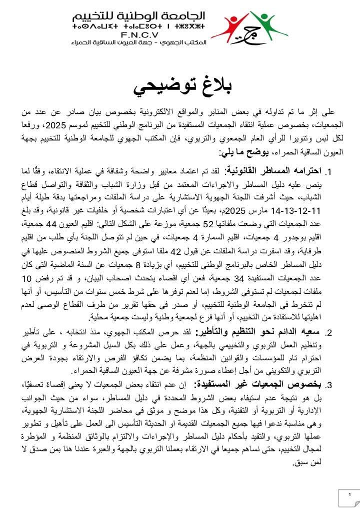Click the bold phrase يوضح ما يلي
tap(241, 151)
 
